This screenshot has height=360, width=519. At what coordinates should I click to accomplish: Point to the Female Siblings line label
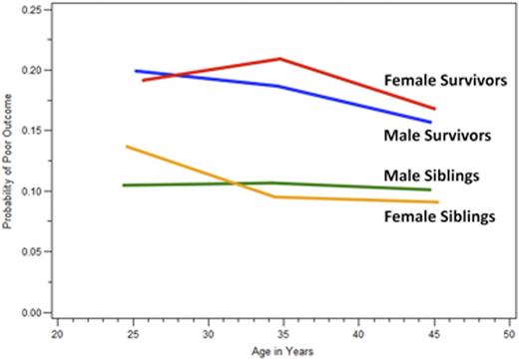(438, 215)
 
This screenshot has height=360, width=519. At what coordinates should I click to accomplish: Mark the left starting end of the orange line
(127, 147)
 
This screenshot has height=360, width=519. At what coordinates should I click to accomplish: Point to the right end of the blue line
(431, 123)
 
